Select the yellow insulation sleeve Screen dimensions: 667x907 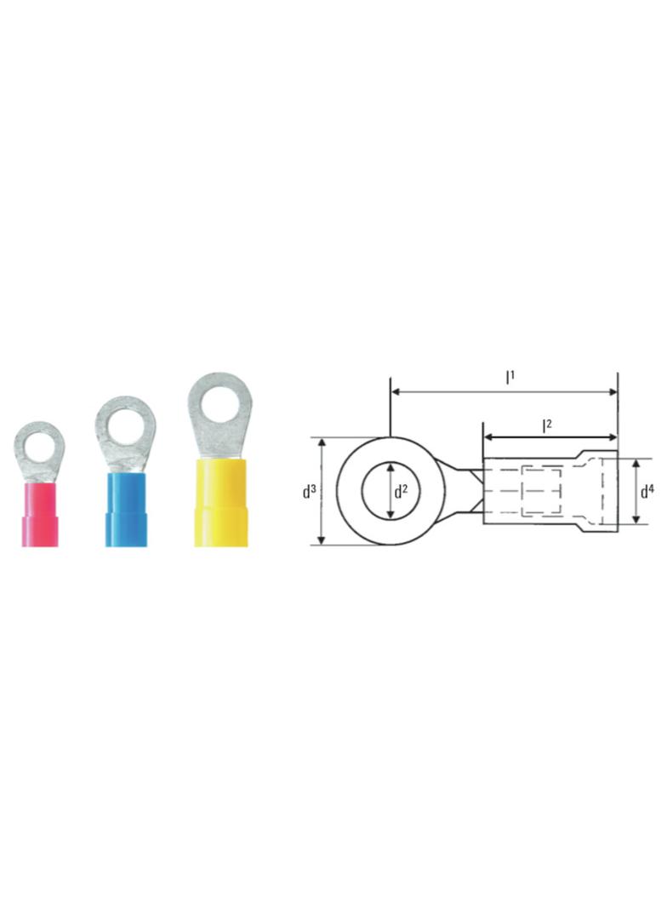click(220, 503)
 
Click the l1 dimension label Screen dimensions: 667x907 click(510, 377)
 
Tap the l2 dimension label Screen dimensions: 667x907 click(546, 425)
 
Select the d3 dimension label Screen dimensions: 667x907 click(309, 492)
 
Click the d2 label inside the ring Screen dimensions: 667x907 click(401, 492)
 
